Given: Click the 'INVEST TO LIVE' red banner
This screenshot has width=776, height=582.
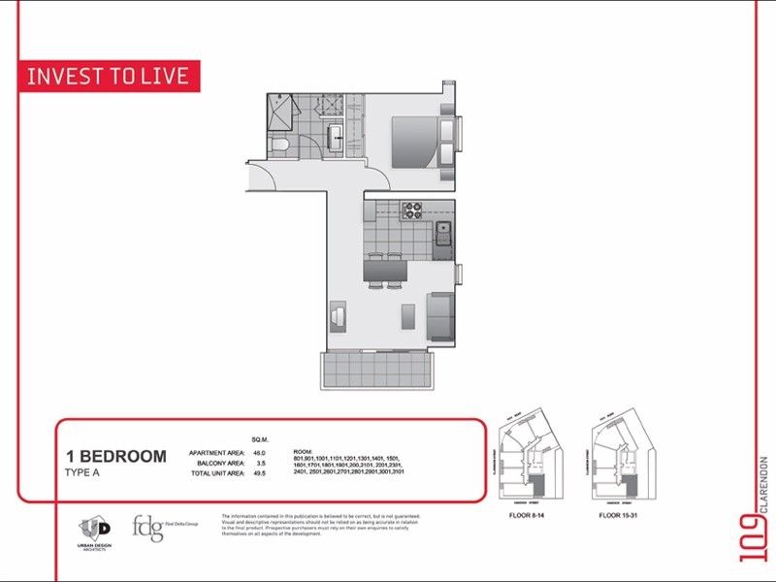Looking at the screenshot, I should pos(110,77).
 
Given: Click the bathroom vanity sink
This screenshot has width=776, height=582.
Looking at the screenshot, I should pos(336,137).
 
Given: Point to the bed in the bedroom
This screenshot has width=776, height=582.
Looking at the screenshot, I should pos(415,143).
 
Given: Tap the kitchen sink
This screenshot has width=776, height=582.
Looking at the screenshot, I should pos(442,232).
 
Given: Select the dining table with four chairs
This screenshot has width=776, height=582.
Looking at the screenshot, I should pos(385,270).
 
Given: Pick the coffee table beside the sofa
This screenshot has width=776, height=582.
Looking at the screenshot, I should pos(408,317).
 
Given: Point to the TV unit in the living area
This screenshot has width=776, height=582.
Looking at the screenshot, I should pos(337,316).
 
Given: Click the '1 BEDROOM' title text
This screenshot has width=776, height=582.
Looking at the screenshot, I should pos(116,456).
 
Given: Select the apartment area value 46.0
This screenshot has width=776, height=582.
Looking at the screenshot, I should pos(259,453).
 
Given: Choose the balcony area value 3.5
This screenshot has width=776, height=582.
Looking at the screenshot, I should pos(259,463).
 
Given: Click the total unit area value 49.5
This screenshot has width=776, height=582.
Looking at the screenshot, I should pos(259,472).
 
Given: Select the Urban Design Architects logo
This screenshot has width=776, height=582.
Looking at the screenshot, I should pos(95,532).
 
